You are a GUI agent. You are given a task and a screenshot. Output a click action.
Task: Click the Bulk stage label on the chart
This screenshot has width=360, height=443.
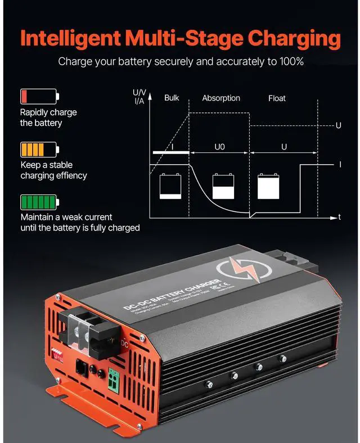[172, 98]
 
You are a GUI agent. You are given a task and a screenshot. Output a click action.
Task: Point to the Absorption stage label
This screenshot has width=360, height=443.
[221, 98]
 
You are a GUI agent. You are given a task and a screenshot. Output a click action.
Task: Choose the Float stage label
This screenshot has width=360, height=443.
[277, 98]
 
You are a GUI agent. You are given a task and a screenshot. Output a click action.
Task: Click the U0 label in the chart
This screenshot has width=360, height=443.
[220, 147]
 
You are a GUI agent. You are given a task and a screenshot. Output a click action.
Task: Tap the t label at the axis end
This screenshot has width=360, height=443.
[339, 217]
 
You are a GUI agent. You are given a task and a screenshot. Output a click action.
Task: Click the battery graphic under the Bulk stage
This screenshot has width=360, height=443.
[170, 186]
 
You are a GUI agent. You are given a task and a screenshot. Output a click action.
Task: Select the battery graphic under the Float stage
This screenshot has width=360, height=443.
[268, 186]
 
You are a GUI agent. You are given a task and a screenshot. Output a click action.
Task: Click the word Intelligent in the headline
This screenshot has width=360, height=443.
[70, 38]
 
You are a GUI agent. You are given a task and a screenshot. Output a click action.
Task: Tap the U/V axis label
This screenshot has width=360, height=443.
[138, 92]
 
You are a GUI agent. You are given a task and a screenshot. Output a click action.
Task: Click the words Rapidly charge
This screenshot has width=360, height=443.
[48, 112]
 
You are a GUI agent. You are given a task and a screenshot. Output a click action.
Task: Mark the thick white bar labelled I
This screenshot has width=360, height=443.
[170, 152]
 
